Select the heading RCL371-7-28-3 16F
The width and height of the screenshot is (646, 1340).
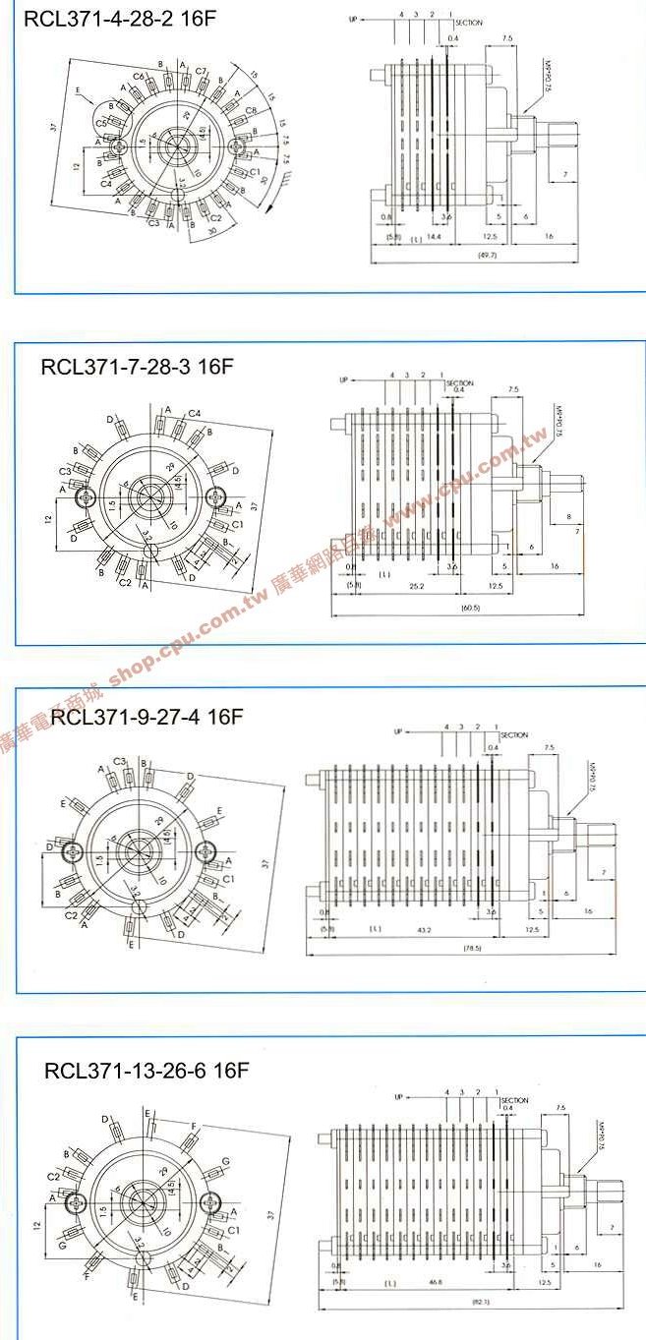pos(137,367)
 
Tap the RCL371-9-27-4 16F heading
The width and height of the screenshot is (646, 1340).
pos(146,716)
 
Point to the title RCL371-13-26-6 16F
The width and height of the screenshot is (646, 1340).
pos(147,1071)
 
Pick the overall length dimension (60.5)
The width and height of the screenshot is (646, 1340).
pos(469,609)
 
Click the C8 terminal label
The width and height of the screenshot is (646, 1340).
pos(251,110)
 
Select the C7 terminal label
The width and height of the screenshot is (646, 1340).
pos(201,71)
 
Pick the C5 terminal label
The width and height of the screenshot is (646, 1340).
pos(101,122)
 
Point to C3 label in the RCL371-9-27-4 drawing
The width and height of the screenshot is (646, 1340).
pos(119,761)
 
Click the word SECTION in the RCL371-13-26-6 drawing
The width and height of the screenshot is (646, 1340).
pos(513,1100)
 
